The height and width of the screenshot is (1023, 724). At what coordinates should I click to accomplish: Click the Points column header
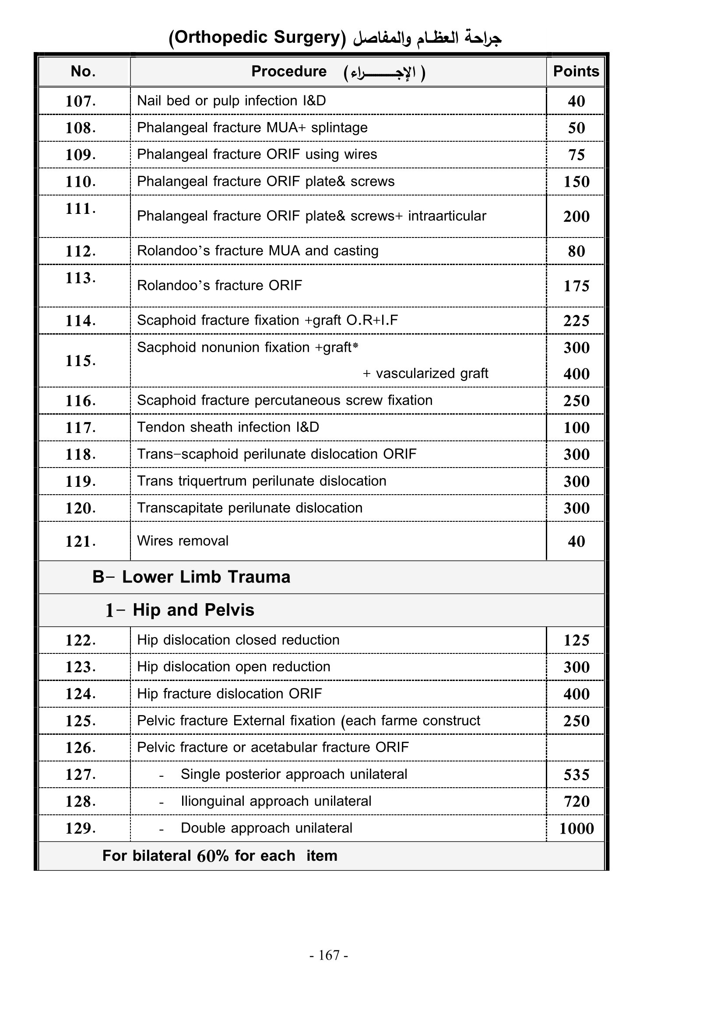tap(576, 71)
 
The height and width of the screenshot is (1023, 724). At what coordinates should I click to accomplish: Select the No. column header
tap(83, 71)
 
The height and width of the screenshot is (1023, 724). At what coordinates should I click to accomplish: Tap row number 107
tap(81, 101)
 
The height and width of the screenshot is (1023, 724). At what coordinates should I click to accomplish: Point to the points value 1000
tap(576, 828)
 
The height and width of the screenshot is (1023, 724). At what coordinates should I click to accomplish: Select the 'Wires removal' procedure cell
tap(183, 541)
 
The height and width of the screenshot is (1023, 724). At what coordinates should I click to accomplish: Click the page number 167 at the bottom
tap(329, 955)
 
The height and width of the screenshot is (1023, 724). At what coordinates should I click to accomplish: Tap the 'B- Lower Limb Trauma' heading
tap(191, 577)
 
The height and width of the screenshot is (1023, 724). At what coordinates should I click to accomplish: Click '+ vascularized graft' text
tap(425, 374)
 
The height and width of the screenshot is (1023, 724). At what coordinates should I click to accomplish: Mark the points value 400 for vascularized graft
tap(576, 374)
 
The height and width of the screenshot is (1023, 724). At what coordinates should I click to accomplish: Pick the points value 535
tap(576, 775)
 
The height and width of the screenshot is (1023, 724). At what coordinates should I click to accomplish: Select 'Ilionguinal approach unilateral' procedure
tap(275, 801)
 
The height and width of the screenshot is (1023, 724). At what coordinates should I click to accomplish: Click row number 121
tap(81, 541)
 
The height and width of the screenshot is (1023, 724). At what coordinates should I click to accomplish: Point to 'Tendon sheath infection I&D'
tap(228, 427)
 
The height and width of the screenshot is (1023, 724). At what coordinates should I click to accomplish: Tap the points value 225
tap(576, 321)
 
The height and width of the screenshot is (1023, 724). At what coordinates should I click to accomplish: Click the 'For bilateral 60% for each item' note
tap(220, 856)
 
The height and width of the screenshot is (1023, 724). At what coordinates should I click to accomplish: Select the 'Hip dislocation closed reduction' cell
tap(238, 640)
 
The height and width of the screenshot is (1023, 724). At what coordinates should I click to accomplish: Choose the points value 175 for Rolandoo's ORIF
tap(576, 286)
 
